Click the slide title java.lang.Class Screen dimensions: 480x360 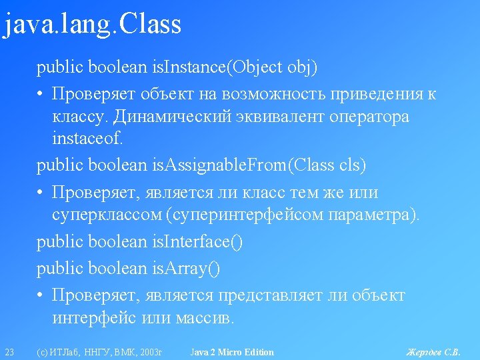(x=92, y=25)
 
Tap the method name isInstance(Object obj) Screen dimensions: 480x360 (x=235, y=67)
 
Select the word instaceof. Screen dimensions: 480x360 (x=87, y=138)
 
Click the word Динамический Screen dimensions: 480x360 (x=172, y=117)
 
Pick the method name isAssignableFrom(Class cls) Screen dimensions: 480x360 (x=259, y=165)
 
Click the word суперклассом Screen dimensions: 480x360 (x=107, y=215)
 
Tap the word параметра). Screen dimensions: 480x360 (x=374, y=215)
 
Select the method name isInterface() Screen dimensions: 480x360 (x=197, y=242)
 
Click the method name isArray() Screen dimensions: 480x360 (x=186, y=269)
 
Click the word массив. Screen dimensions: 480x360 (x=205, y=319)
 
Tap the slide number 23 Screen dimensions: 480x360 (x=9, y=352)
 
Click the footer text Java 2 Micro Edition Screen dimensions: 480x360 (x=232, y=352)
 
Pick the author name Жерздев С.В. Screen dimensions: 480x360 (x=433, y=352)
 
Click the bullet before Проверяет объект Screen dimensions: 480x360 (x=39, y=93)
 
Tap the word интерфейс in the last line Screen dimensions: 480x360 (x=94, y=318)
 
